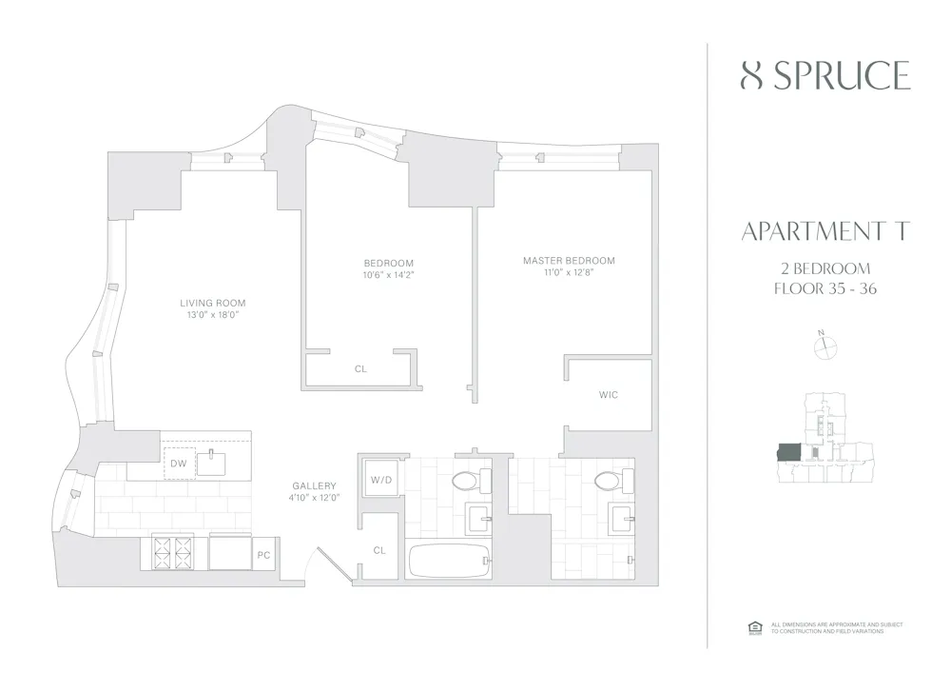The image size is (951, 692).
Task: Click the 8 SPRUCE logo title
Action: pyautogui.click(x=825, y=75)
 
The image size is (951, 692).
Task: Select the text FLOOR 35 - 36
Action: pyautogui.click(x=825, y=289)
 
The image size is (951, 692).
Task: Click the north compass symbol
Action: pyautogui.click(x=824, y=347)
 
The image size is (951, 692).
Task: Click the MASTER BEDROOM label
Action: pyautogui.click(x=569, y=260)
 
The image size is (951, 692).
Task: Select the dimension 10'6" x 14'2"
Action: pyautogui.click(x=388, y=275)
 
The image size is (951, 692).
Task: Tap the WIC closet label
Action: pyautogui.click(x=609, y=394)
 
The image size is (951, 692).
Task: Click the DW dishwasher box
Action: pyautogui.click(x=179, y=464)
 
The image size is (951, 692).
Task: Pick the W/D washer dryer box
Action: pyautogui.click(x=379, y=480)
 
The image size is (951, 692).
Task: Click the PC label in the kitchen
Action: pyautogui.click(x=263, y=554)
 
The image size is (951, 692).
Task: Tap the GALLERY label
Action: pyautogui.click(x=314, y=485)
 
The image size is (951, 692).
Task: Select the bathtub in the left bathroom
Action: pyautogui.click(x=450, y=561)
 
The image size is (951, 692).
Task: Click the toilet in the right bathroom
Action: pyautogui.click(x=605, y=484)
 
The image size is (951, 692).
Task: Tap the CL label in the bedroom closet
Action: pyautogui.click(x=360, y=368)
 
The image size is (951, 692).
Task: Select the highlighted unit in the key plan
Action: pyautogui.click(x=789, y=452)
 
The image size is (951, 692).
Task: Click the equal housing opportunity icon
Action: pyautogui.click(x=756, y=626)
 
